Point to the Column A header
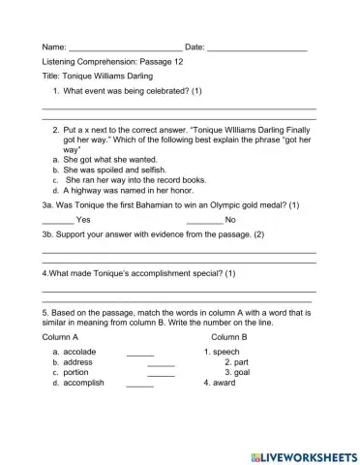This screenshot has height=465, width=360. (x=60, y=336)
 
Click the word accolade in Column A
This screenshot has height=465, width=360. (x=79, y=352)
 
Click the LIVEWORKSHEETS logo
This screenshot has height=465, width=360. (x=303, y=455)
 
